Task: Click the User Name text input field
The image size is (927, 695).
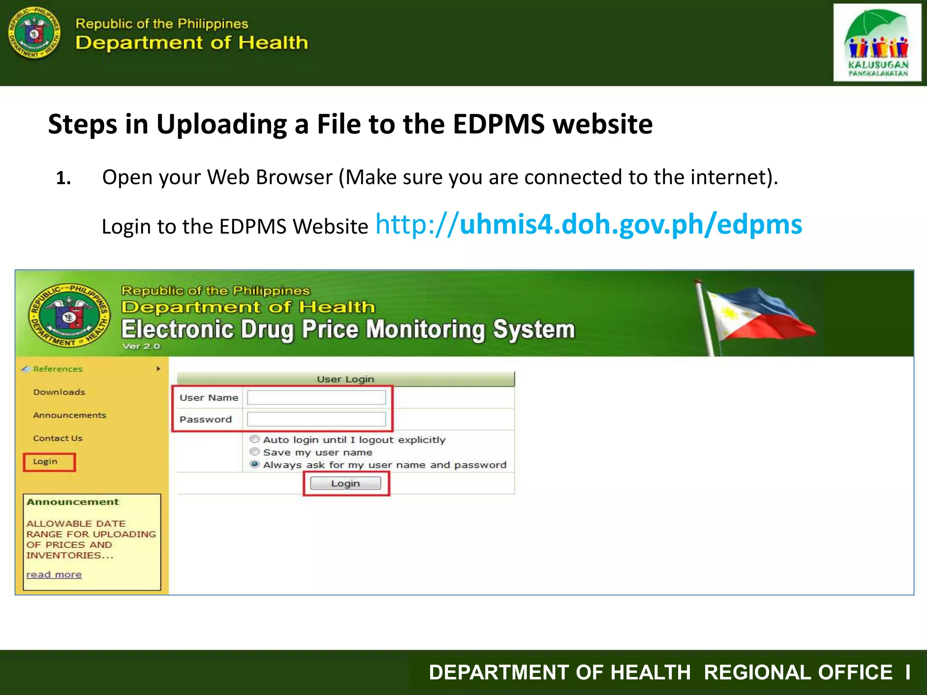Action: [316, 397]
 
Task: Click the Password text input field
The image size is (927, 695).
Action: [316, 419]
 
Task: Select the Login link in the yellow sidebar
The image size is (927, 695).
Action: [45, 462]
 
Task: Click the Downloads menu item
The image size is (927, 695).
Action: [59, 392]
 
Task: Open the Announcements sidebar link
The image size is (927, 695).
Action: [69, 415]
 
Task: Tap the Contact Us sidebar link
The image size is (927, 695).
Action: [57, 438]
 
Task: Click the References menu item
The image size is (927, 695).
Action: [58, 369]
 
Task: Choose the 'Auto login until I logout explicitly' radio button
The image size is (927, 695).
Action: [255, 439]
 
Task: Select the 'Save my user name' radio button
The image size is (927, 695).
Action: [255, 452]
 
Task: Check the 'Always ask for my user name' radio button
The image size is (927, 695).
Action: [255, 464]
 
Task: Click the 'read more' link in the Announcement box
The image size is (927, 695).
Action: [54, 575]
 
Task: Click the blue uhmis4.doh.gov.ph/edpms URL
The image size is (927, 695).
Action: [588, 225]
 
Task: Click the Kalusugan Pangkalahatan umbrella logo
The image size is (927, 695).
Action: [877, 43]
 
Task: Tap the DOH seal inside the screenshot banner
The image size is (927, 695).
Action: [69, 315]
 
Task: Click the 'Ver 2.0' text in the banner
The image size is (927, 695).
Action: [141, 346]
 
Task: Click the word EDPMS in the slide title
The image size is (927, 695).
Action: [498, 124]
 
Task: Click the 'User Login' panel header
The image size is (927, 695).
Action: [345, 379]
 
